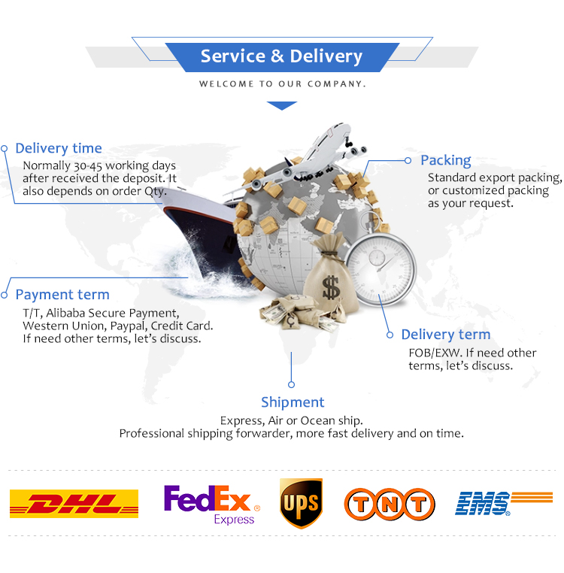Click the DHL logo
tap(74, 503)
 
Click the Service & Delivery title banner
tap(281, 56)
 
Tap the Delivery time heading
tap(59, 148)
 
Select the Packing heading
tap(446, 160)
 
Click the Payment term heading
tap(62, 295)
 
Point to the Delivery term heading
tap(445, 335)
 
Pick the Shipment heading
tap(293, 402)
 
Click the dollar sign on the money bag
tap(330, 286)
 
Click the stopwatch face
tap(382, 264)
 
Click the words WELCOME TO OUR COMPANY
tap(282, 84)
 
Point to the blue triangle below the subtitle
tap(282, 106)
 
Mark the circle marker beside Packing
tap(408, 160)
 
